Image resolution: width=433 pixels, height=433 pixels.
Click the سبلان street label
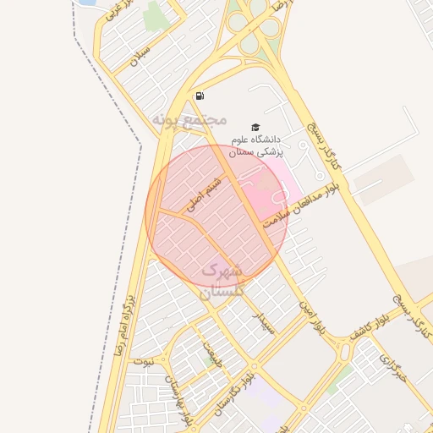click(140, 55)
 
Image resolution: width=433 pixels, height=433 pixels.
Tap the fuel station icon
click(199, 96)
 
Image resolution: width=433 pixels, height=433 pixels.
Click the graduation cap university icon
click(256, 127)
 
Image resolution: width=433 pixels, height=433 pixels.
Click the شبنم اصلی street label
click(206, 191)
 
